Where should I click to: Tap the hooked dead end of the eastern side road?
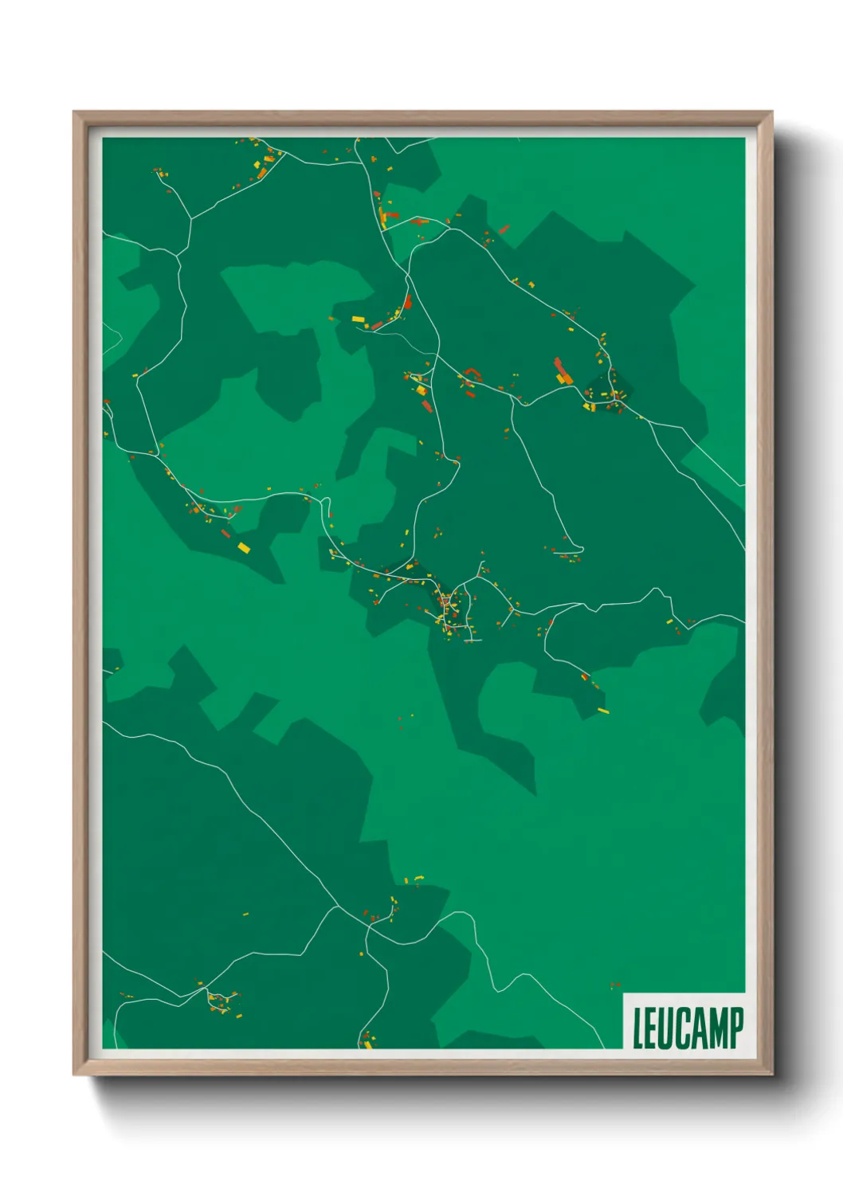578,549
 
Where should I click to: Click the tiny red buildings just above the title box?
614,986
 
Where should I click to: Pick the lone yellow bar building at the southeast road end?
603,711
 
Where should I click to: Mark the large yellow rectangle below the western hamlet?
244,547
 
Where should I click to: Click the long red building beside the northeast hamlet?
562,369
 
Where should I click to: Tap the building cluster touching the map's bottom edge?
367,1040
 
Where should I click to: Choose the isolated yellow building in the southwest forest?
245,915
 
